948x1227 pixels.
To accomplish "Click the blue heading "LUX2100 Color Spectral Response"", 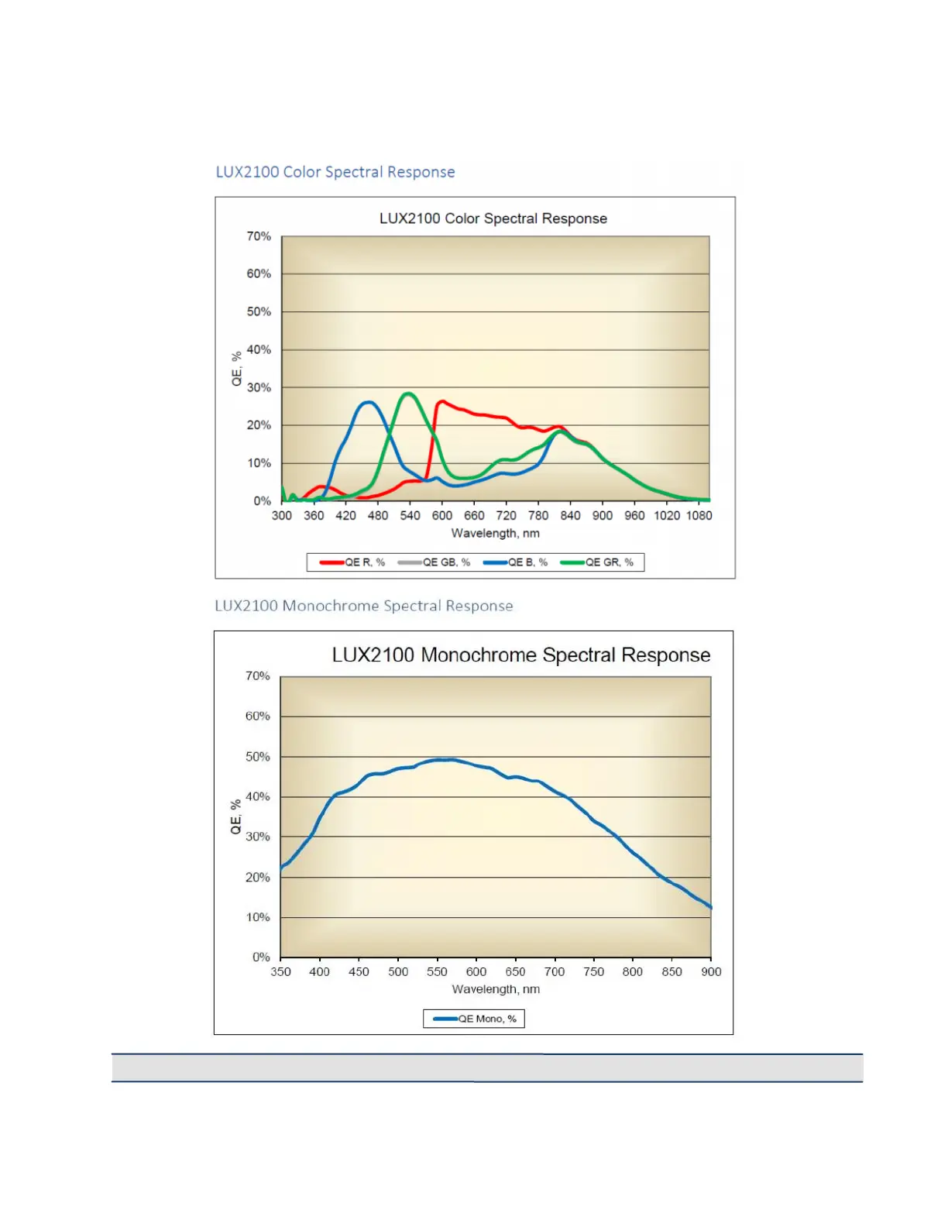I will click(x=335, y=172).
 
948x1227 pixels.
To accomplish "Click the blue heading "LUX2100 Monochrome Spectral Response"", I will click(x=363, y=606).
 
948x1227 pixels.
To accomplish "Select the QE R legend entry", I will click(x=352, y=562).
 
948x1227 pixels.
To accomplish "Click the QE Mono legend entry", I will click(x=474, y=1019).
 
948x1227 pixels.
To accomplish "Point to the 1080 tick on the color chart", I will click(x=699, y=516).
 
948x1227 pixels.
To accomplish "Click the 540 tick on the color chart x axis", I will click(x=410, y=516).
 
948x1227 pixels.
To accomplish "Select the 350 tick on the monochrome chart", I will click(x=280, y=972).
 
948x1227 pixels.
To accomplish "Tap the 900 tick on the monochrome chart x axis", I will click(x=711, y=972).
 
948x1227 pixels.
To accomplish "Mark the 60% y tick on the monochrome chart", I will click(x=258, y=717).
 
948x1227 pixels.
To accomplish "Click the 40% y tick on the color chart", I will click(x=259, y=350).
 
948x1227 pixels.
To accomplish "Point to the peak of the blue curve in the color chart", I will click(x=369, y=403).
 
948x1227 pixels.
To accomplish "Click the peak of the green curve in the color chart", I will click(x=408, y=394).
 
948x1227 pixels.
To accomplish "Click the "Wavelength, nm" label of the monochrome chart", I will click(x=496, y=989).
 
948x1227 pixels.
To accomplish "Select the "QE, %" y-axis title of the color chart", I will click(x=237, y=368).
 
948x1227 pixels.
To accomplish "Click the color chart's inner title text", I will click(x=493, y=218).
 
